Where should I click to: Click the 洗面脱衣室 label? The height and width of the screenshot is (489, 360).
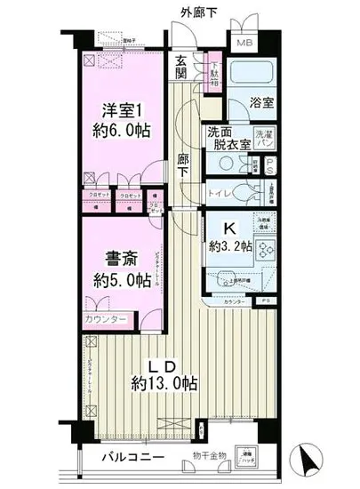click(225, 140)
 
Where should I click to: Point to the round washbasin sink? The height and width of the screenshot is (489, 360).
click(224, 164)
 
